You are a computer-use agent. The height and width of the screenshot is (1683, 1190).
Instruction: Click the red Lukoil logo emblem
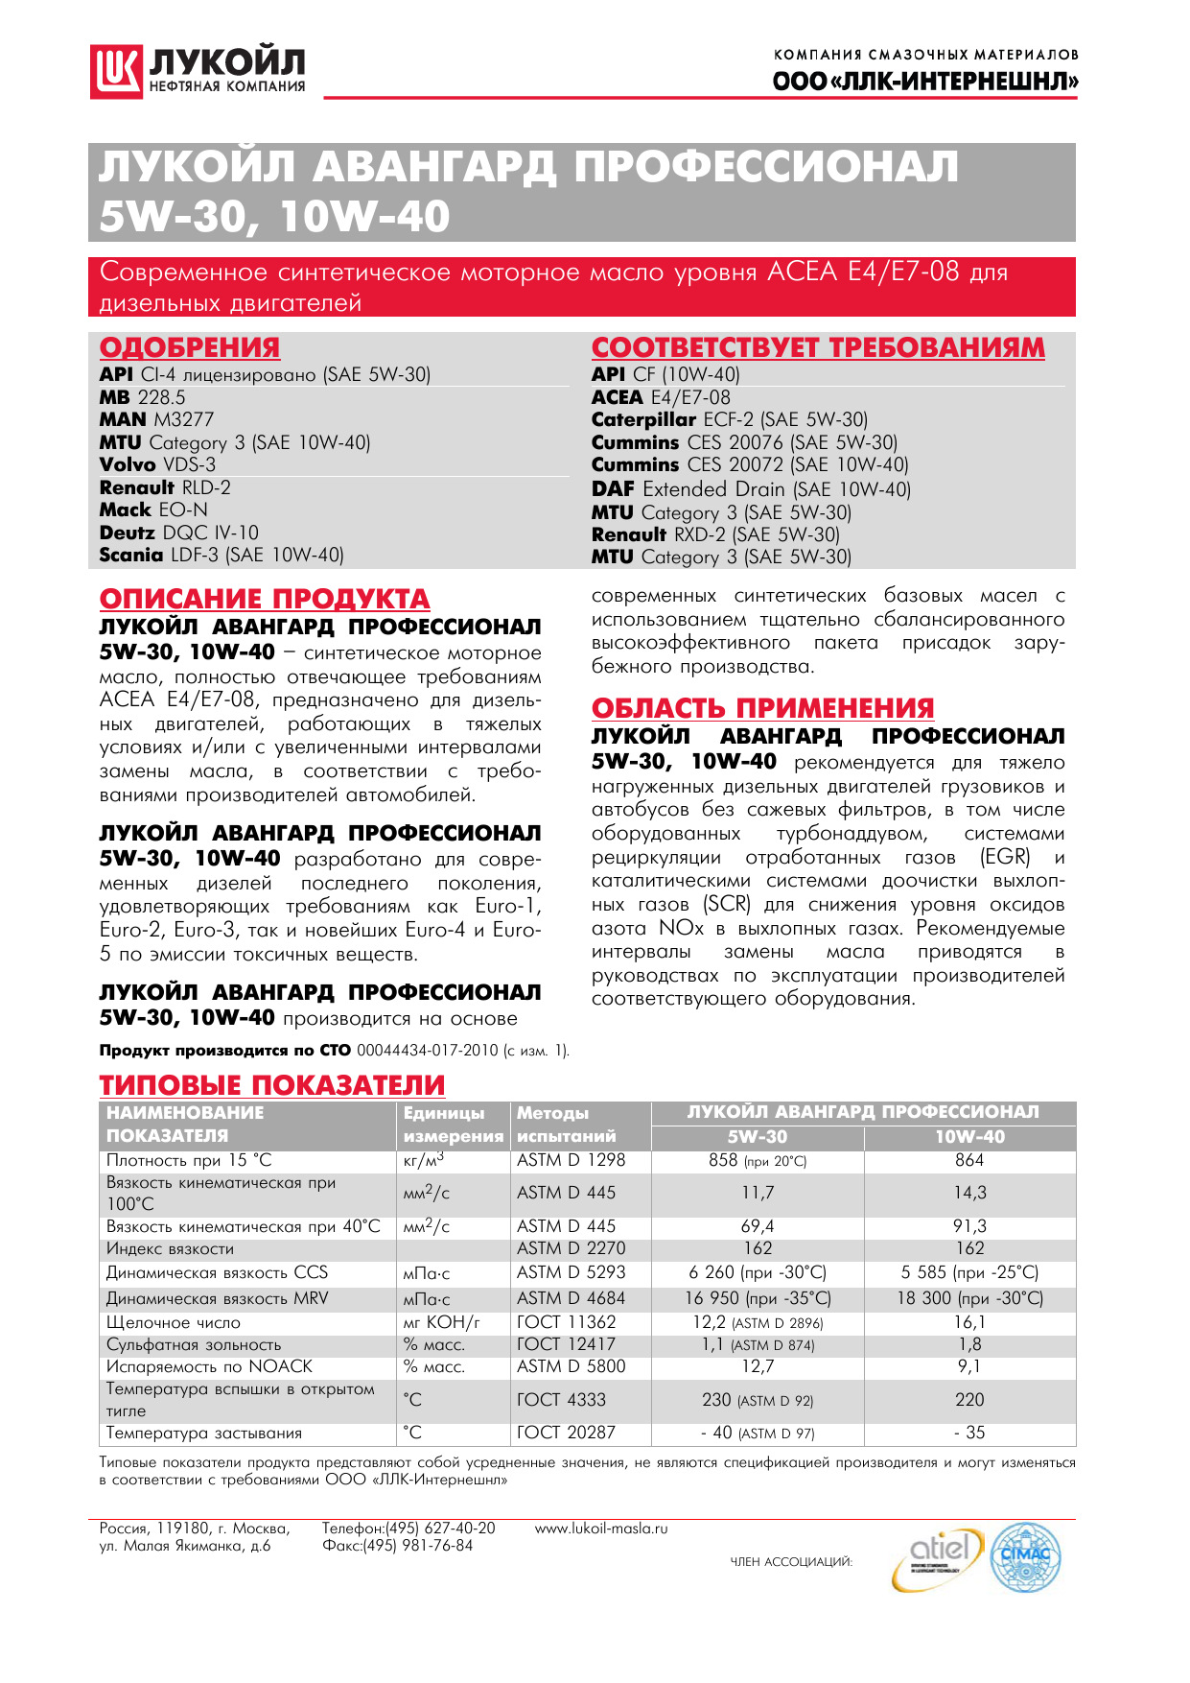pos(116,71)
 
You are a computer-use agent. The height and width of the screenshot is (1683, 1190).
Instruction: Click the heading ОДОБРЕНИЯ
pos(190,347)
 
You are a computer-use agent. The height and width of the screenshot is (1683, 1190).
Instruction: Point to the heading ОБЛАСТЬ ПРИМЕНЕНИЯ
pos(762,708)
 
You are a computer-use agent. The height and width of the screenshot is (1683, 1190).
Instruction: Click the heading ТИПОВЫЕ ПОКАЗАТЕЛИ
pos(272,1085)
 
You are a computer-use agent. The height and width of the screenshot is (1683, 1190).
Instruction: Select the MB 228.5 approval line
pos(143,397)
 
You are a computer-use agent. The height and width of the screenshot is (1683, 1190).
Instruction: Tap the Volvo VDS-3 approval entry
pos(157,464)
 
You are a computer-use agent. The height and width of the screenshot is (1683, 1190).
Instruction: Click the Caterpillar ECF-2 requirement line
pos(729,419)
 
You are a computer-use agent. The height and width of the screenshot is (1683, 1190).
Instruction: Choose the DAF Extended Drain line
pos(751,489)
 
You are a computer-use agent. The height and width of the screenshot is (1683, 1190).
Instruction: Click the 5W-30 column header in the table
pos(757,1137)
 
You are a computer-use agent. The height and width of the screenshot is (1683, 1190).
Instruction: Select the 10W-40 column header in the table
pos(969,1137)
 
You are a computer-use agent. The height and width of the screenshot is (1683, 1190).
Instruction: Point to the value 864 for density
pos(969,1160)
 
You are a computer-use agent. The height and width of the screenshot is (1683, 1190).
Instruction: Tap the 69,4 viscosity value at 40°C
pos(758,1226)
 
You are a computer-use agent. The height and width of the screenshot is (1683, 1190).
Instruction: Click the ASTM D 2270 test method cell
pos(571,1248)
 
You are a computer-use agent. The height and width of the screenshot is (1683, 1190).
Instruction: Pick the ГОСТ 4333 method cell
pos(566,1400)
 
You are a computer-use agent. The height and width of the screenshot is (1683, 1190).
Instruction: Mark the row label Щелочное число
pos(174,1322)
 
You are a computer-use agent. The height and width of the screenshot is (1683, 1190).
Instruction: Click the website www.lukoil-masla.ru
pos(601,1529)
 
